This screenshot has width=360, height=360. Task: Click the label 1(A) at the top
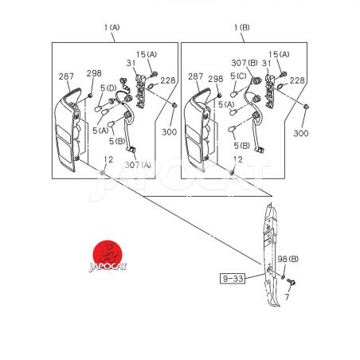112,27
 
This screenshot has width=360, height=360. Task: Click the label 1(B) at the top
241,27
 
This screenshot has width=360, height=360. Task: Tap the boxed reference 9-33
233,279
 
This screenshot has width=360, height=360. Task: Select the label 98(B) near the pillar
288,259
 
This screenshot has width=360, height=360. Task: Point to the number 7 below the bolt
287,297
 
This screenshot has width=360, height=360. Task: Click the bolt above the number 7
292,282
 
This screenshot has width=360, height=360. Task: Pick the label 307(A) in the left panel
138,165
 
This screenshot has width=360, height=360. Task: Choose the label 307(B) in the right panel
245,63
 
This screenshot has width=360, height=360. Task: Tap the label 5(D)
108,88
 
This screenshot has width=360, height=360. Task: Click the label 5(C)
238,76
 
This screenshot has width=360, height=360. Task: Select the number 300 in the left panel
169,132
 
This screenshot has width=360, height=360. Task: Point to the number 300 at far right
301,133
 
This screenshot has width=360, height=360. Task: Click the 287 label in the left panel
66,76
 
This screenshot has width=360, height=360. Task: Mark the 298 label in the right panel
216,79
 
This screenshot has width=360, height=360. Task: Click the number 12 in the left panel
108,159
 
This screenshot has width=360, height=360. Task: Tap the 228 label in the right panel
297,80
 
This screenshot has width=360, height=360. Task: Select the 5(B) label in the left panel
117,141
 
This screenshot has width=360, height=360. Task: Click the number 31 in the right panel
266,63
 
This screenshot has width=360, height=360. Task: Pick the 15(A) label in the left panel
147,54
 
